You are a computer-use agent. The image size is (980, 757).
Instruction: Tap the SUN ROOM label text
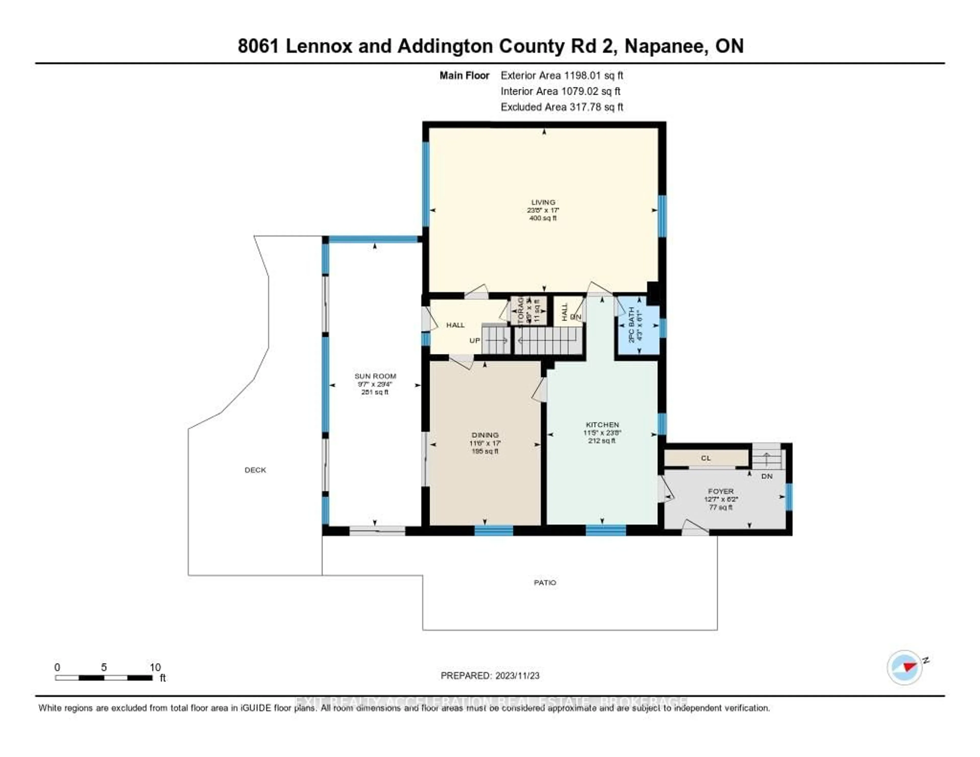click(375, 376)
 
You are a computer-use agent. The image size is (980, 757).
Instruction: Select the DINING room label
click(485, 435)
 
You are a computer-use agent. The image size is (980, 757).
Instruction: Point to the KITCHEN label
click(602, 424)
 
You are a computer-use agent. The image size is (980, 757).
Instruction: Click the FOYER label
click(721, 491)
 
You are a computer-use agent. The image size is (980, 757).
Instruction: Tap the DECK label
click(255, 470)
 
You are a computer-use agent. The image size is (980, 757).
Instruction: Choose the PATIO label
click(545, 582)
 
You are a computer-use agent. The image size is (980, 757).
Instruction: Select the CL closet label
click(706, 458)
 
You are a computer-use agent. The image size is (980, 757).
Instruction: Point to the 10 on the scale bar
click(155, 667)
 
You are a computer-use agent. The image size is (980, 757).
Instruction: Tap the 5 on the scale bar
click(104, 667)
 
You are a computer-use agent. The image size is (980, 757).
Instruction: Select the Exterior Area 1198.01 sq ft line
click(562, 75)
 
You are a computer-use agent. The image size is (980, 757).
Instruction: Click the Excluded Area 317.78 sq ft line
click(562, 107)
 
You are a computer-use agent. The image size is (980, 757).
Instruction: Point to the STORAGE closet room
click(529, 311)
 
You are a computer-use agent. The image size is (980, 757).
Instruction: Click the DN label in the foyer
click(767, 476)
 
